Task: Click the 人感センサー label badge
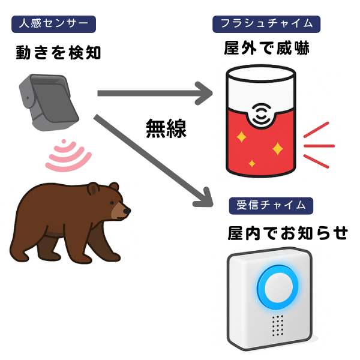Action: pos(54,25)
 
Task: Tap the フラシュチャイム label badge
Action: pos(266,25)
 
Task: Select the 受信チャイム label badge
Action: pos(271,205)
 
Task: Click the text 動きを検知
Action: pos(58,53)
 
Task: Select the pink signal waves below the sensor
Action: pos(68,156)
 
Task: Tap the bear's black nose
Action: pos(127,211)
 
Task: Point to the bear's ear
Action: pos(93,188)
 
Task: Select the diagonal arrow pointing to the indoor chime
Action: pos(156,159)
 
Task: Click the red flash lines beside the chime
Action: pos(317,144)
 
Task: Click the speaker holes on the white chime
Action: pos(277,326)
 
